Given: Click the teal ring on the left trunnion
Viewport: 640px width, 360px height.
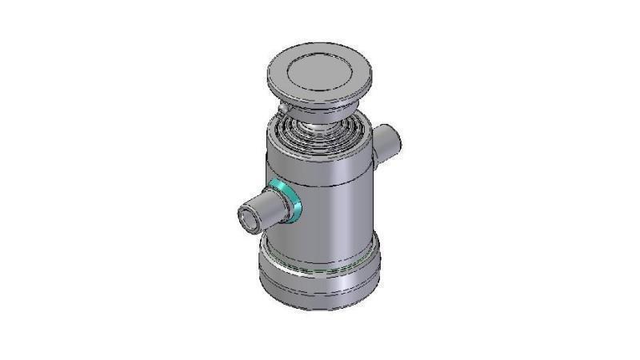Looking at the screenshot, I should coord(287,200).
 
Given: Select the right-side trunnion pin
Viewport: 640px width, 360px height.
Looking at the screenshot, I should coord(388,142).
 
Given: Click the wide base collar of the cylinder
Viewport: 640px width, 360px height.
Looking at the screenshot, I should coord(320,276).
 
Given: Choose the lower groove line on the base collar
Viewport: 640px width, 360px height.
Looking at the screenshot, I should coord(320,290).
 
